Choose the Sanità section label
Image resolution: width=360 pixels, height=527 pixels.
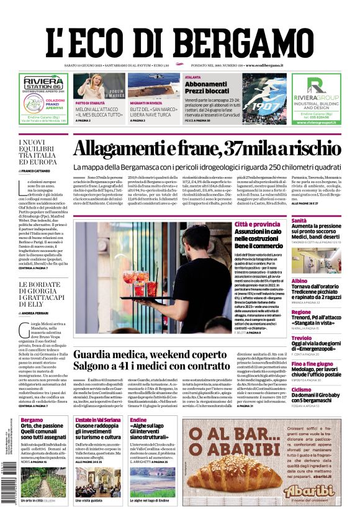[x=299, y=220]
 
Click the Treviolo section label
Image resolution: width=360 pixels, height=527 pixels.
[x=302, y=338]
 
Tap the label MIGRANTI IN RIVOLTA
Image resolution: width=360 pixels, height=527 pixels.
[x=147, y=103]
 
